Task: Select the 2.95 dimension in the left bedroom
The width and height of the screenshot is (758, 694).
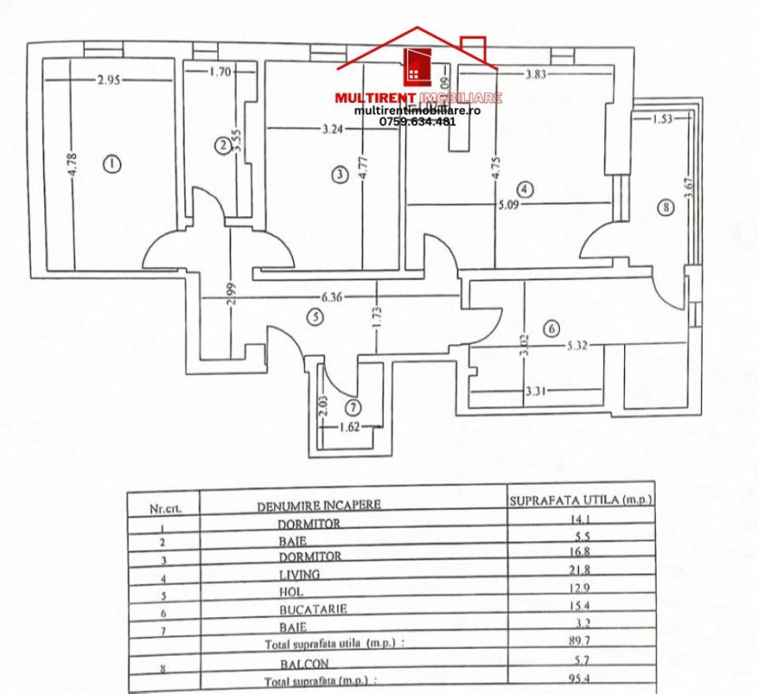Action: (109, 80)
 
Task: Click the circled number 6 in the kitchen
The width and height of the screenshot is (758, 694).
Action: (552, 329)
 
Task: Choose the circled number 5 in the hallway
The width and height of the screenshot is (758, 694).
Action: (314, 317)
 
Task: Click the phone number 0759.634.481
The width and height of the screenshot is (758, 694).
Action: (417, 121)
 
